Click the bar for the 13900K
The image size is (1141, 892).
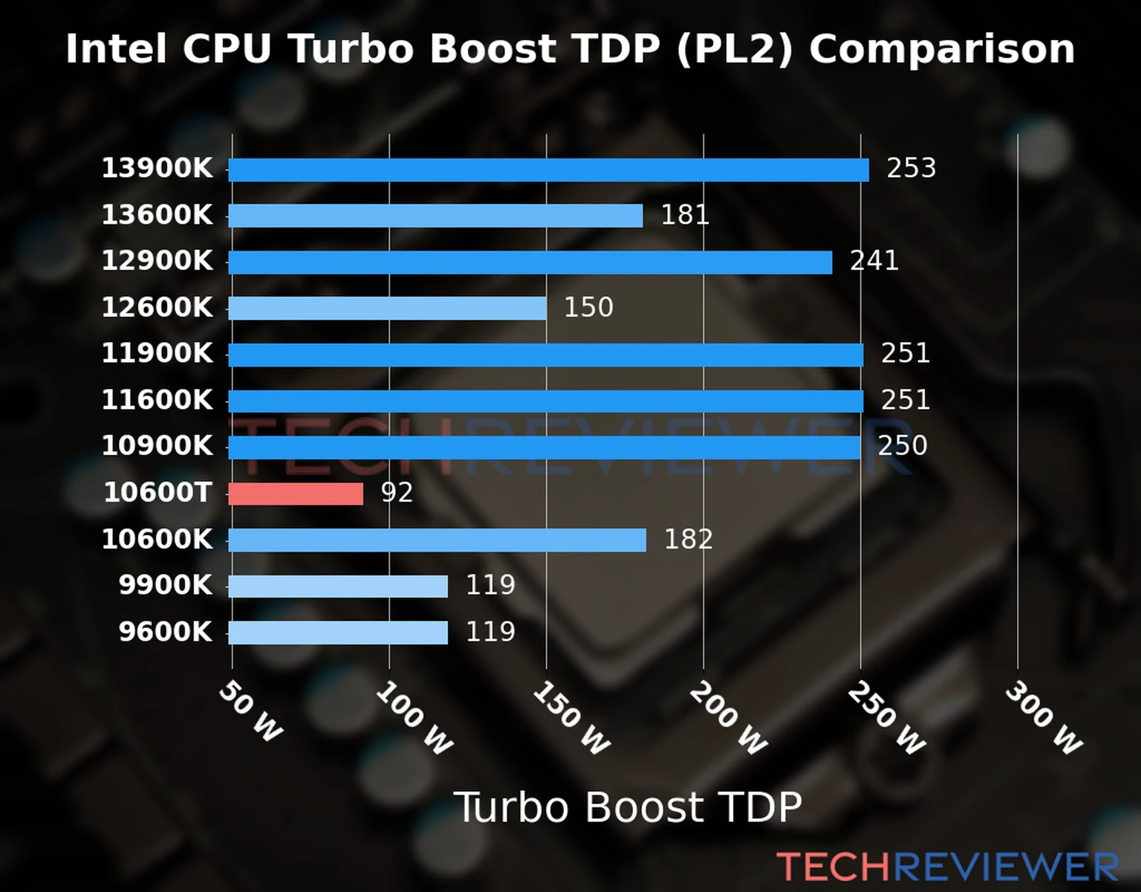548,170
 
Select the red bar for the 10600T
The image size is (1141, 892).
296,494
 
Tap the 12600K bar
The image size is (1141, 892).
387,308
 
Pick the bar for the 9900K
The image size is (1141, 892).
338,586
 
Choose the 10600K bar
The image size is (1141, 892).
437,540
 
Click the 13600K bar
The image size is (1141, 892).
435,216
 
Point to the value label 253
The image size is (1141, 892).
911,168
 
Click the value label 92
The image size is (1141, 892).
397,492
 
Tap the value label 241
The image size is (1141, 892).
874,261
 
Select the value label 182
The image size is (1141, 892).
688,539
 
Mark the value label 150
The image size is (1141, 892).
588,307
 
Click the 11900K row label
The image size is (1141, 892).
157,353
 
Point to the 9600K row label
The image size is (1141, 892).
165,632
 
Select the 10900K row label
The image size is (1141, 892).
157,446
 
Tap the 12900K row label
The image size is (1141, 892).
157,261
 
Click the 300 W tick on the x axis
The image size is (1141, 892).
1043,718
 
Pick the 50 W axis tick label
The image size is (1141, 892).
250,711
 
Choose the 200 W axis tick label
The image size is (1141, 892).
728,718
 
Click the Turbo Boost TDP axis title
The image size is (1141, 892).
628,807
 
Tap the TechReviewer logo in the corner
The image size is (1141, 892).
947,867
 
